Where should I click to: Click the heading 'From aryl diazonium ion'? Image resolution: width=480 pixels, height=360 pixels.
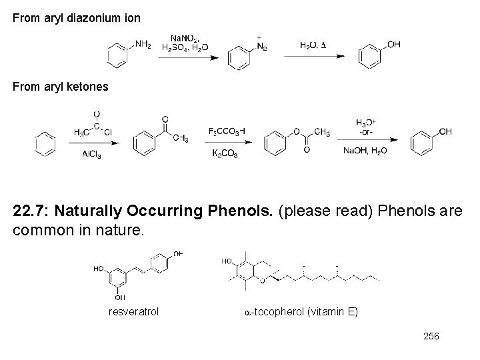coord(77,19)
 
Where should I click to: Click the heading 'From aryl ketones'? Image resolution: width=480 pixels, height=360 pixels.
coord(61,87)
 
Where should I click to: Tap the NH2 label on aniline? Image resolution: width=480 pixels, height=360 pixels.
coord(143,45)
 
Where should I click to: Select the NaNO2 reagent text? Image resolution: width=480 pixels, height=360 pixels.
coord(185,38)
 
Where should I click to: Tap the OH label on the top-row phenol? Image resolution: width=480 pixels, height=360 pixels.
coord(393,45)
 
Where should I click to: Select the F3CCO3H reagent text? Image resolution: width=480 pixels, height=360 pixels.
coord(227,131)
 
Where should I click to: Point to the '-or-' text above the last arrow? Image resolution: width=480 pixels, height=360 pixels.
coord(365,131)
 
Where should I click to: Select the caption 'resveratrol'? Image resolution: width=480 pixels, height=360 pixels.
coord(133,311)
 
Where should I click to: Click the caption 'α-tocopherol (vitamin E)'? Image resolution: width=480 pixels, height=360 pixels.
coord(301,311)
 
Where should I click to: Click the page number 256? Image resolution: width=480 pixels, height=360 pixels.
coord(431,337)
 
